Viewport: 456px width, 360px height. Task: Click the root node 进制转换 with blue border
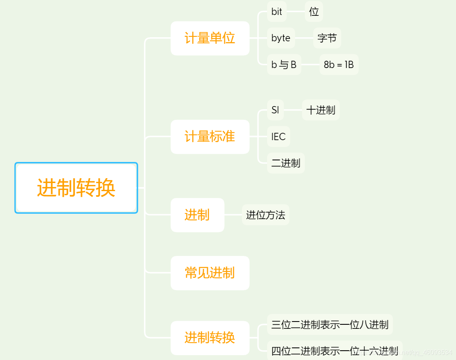[x=76, y=188]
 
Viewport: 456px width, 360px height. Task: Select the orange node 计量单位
[x=210, y=38]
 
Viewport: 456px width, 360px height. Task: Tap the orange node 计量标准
[x=210, y=137]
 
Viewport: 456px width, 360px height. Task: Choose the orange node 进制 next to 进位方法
[x=197, y=215]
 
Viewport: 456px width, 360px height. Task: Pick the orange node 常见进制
[x=210, y=273]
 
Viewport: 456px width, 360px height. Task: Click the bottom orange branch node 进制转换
[x=210, y=338]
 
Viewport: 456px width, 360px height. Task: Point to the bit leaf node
[x=277, y=12]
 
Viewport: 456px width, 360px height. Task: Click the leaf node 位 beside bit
[x=314, y=12]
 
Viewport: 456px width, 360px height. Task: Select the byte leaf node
[x=281, y=38]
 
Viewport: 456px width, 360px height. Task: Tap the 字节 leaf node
[x=327, y=38]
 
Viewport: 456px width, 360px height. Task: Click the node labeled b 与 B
[x=284, y=64]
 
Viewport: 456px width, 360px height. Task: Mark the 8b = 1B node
[x=339, y=64]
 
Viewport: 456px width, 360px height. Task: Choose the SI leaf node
[x=275, y=110]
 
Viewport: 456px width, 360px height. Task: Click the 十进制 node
[x=321, y=110]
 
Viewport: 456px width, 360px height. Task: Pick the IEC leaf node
[x=278, y=137]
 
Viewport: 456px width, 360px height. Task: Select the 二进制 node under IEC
[x=286, y=163]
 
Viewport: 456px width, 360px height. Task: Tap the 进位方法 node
[x=265, y=215]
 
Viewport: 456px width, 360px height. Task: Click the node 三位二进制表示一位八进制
[x=330, y=324]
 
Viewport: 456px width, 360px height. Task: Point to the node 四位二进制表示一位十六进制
[x=334, y=351]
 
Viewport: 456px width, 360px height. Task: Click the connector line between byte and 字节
[x=304, y=38]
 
